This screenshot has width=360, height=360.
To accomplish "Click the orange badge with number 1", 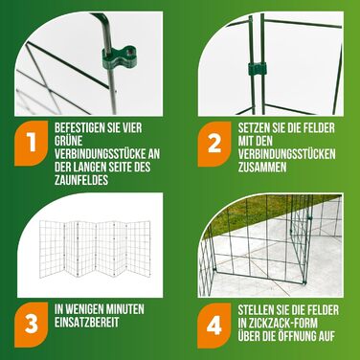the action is click(x=32, y=144).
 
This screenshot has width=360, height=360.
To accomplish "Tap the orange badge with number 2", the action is click(x=214, y=144).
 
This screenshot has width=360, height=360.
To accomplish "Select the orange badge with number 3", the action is click(x=32, y=325).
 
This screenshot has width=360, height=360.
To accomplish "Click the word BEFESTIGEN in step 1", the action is click(x=78, y=128).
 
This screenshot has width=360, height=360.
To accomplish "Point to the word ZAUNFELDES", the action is click(x=81, y=180).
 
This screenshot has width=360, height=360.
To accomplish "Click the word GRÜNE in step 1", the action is click(x=68, y=142).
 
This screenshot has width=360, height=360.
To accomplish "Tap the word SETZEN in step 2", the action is click(x=254, y=128).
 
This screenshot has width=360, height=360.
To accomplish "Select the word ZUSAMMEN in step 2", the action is click(x=262, y=168).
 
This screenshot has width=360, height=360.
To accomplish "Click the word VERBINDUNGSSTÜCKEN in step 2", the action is click(x=287, y=154).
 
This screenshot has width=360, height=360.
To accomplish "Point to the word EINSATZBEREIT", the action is click(x=86, y=323).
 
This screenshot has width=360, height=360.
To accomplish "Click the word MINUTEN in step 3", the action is click(x=124, y=309).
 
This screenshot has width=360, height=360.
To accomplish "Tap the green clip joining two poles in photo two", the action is click(x=258, y=69).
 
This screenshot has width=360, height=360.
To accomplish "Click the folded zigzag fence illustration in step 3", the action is click(x=95, y=249).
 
